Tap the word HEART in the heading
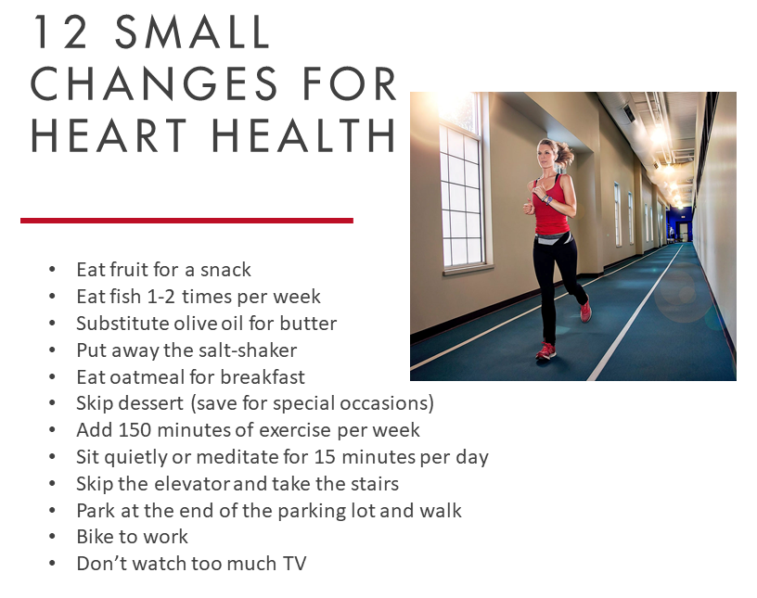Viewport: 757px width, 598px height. tap(108, 134)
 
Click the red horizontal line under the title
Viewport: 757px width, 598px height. tap(186, 221)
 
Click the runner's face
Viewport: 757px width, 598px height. tap(547, 157)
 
